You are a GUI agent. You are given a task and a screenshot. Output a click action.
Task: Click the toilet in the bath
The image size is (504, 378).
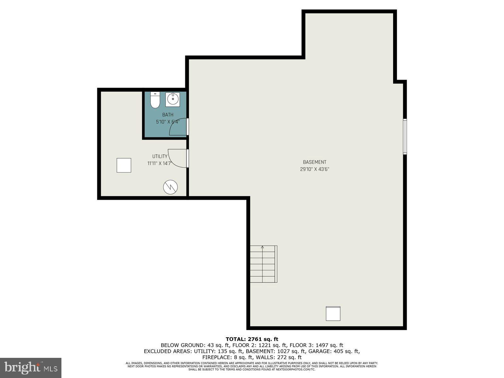[155, 100]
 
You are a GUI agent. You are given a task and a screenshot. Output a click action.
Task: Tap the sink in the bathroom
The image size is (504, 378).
[173, 99]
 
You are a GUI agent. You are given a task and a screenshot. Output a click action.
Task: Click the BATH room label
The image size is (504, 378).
[168, 115]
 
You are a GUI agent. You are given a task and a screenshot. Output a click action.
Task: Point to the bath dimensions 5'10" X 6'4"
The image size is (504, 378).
[168, 122]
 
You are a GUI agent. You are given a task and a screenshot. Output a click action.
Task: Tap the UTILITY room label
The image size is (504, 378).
[160, 157]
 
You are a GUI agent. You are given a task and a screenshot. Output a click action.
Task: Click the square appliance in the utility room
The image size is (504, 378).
[124, 165]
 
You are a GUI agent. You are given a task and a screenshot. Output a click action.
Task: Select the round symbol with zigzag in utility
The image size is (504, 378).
[170, 187]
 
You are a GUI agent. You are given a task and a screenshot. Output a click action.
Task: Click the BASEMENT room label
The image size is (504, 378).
[314, 162]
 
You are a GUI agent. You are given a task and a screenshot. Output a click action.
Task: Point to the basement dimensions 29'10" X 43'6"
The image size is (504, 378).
[314, 169]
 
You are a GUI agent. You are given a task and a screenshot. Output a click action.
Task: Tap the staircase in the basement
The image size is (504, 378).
[263, 264]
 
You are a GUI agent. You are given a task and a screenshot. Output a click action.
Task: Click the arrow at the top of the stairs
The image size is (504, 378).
[262, 247]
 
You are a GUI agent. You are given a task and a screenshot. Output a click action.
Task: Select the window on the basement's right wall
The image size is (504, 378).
[405, 136]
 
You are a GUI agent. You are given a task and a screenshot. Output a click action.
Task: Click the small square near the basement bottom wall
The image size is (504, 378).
[333, 313]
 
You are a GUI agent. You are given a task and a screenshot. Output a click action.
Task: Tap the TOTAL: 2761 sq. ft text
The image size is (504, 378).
[252, 339]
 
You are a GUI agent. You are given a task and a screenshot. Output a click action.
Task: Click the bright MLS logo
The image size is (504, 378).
[31, 368]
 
